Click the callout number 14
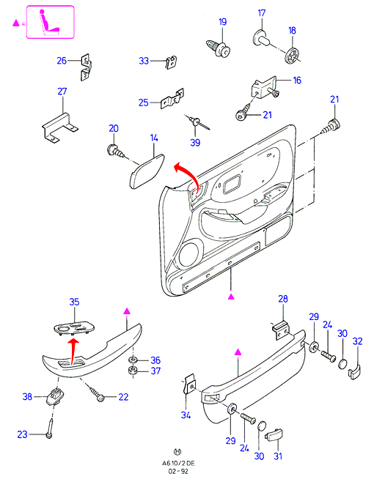[154, 138]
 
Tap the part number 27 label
[62, 92]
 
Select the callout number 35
[74, 302]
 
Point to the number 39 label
[195, 142]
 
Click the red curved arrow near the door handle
[187, 177]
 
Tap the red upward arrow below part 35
[73, 351]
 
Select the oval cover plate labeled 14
[147, 171]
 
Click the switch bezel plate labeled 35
[74, 328]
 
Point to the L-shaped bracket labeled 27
[60, 127]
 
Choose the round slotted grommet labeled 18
[293, 56]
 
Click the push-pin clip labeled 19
[218, 48]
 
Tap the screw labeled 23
[50, 428]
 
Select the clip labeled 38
[54, 396]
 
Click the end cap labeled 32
[354, 372]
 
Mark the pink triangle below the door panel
[232, 296]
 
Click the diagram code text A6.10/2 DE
[178, 464]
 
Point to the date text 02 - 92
[178, 472]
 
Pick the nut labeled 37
[133, 371]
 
